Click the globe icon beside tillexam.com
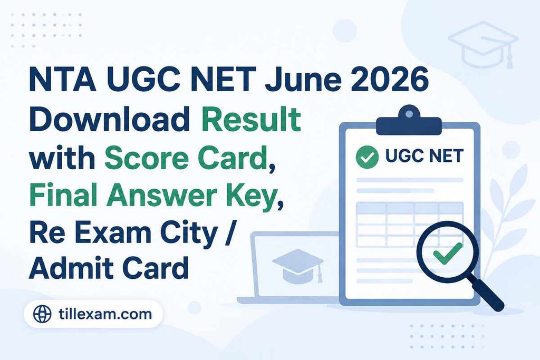coord(42,314)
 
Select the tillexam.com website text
coord(105,314)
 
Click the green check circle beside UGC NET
coord(367,157)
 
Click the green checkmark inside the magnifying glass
coord(448,253)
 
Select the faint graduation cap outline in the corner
coord(484,44)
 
